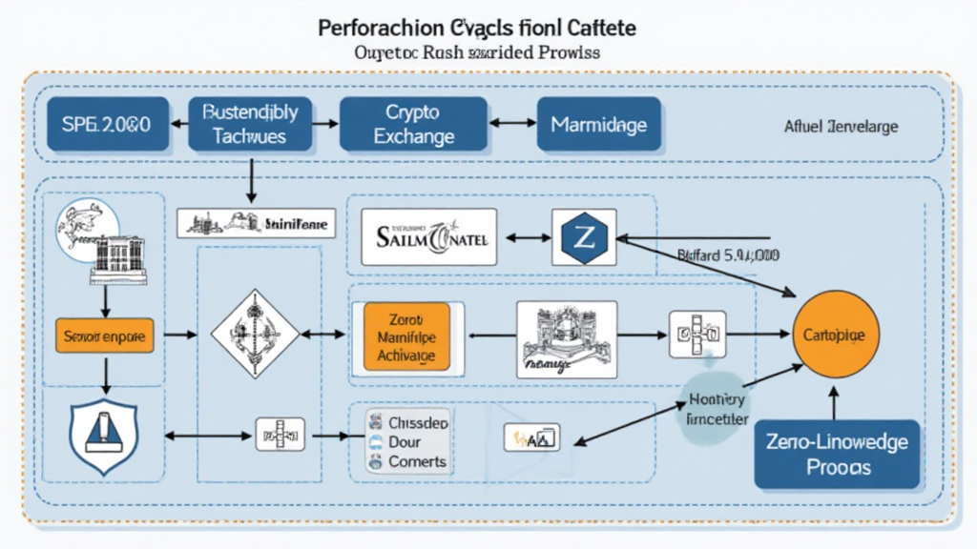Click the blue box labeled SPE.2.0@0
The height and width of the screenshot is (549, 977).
pos(105,125)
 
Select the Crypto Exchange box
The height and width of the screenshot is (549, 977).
pos(413,125)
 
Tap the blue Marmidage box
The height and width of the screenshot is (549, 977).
pos(598,125)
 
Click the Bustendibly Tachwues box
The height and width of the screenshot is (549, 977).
pos(250,125)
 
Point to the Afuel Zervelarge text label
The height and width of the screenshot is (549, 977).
pos(841,126)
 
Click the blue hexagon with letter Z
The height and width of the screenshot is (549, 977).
pos(581,236)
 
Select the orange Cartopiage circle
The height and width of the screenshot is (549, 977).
pos(836,335)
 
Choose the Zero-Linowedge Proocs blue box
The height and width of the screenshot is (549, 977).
pos(837,455)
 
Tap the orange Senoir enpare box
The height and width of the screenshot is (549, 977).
pos(104,335)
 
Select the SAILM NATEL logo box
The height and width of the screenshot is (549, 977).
pos(429,236)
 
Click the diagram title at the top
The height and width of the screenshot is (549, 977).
pos(477,29)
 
